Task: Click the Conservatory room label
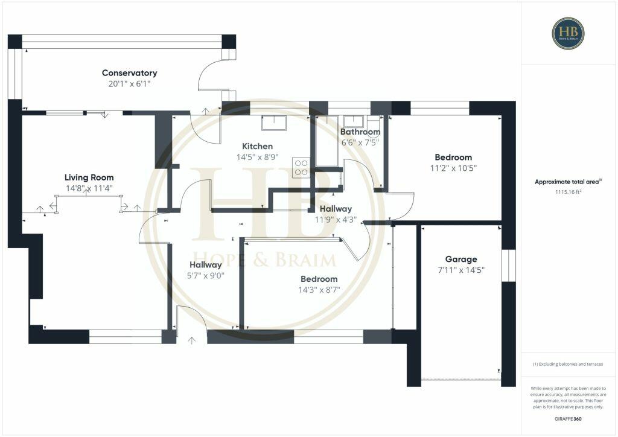(x=129, y=73)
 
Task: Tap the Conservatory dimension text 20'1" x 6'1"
(x=129, y=84)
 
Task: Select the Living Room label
(x=89, y=177)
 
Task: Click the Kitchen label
(x=258, y=146)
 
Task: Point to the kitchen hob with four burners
(x=301, y=167)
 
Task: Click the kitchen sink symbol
(x=275, y=123)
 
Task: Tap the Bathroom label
(x=360, y=132)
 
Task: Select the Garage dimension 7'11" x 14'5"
(x=461, y=270)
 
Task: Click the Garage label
(x=461, y=259)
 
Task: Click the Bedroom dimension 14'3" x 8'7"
(x=319, y=289)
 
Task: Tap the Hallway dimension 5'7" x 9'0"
(x=205, y=275)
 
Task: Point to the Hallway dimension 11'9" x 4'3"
(x=336, y=219)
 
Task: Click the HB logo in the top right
(x=568, y=33)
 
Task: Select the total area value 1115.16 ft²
(x=568, y=191)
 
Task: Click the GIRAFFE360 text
(x=568, y=418)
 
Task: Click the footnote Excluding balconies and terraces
(x=568, y=364)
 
